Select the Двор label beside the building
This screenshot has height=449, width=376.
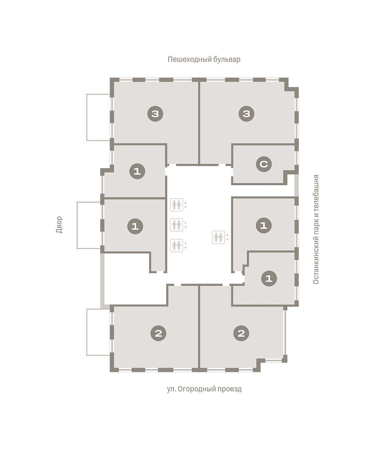pyautogui.click(x=59, y=224)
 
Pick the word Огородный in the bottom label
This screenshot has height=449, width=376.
pyautogui.click(x=197, y=389)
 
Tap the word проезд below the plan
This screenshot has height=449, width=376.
pyautogui.click(x=230, y=389)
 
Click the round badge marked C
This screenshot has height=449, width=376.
pyautogui.click(x=264, y=164)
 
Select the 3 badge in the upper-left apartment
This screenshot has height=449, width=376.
pyautogui.click(x=155, y=113)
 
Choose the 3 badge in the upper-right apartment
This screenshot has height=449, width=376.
pyautogui.click(x=247, y=113)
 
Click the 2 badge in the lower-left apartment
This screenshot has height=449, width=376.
pyautogui.click(x=158, y=333)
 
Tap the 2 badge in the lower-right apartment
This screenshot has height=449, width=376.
pyautogui.click(x=241, y=333)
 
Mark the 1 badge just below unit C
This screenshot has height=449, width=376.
pyautogui.click(x=264, y=225)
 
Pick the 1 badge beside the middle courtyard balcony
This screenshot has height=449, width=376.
pyautogui.click(x=135, y=226)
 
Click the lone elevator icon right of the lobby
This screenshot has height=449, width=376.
pyautogui.click(x=218, y=237)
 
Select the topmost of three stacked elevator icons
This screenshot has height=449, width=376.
pyautogui.click(x=177, y=205)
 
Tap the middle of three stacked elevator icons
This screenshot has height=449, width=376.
pyautogui.click(x=177, y=225)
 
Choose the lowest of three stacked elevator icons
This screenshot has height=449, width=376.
pyautogui.click(x=177, y=245)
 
